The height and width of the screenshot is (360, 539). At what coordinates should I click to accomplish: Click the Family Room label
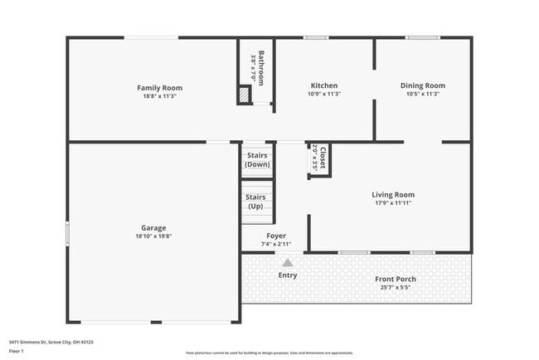159,88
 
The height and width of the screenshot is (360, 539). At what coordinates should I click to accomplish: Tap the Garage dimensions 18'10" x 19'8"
153,236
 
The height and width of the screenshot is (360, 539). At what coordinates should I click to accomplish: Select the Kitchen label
323,85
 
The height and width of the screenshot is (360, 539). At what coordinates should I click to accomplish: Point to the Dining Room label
423,85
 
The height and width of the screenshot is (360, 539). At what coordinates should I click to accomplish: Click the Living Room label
393,195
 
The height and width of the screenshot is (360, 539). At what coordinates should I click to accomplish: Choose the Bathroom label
260,68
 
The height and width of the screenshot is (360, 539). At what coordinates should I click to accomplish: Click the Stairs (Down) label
256,160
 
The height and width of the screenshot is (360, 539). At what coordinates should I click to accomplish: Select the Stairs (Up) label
255,202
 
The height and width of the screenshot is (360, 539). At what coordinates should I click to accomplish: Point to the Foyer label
276,236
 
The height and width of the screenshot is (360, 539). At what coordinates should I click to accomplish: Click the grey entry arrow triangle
288,262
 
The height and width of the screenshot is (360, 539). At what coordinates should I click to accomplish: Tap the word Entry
288,275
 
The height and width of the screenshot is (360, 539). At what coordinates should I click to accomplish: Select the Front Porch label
396,279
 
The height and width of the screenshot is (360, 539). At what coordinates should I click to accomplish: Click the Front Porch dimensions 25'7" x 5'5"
396,287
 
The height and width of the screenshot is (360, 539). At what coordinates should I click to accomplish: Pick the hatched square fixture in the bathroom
244,95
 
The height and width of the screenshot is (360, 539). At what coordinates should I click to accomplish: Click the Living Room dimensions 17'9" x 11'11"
393,203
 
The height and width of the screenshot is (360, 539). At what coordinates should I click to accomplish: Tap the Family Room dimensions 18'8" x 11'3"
159,96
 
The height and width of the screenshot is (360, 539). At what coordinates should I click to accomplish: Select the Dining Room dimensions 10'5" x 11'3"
423,94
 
